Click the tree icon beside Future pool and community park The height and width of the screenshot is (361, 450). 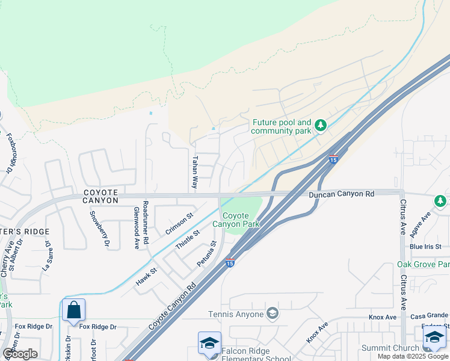(x=321, y=125)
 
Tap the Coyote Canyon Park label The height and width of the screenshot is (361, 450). (x=241, y=220)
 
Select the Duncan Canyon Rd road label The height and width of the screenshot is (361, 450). (x=342, y=194)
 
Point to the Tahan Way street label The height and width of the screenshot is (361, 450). (x=194, y=173)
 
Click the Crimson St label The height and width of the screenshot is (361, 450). (x=179, y=223)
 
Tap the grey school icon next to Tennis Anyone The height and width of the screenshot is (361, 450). (x=273, y=313)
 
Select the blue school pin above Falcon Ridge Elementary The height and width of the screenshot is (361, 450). (x=209, y=344)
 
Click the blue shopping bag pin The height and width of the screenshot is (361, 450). (x=73, y=310)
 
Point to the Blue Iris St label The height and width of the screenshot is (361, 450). (x=425, y=247)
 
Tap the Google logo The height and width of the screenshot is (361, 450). (x=20, y=353)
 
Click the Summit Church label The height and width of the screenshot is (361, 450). (x=390, y=348)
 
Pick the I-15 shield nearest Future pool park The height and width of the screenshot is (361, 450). (x=333, y=159)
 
